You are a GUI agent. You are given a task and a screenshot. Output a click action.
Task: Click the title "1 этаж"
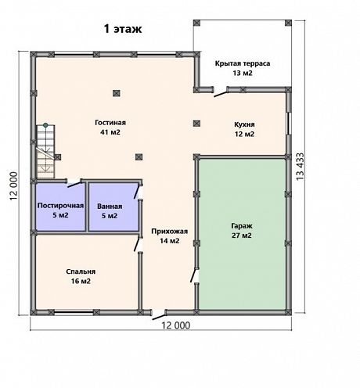[x=123, y=29]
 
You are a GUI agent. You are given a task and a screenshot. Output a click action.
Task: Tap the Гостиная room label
[x=110, y=128]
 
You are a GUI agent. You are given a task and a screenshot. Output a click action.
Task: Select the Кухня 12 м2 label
[x=244, y=129]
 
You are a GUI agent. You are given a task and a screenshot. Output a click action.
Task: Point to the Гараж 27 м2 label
[x=242, y=231]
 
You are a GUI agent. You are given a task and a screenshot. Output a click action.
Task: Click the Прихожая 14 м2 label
[x=170, y=236]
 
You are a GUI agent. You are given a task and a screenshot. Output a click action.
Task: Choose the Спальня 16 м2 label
[x=81, y=276]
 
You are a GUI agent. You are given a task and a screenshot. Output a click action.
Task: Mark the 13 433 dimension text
[x=301, y=166]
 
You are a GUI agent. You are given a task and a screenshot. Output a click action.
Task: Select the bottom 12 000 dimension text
[x=175, y=325]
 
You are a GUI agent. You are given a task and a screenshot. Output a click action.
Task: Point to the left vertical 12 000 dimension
[x=13, y=186]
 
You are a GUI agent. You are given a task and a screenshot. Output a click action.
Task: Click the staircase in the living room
[x=45, y=152]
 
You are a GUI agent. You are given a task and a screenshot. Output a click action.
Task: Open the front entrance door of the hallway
[x=158, y=315]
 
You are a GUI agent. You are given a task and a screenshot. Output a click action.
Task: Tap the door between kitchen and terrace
[x=221, y=92]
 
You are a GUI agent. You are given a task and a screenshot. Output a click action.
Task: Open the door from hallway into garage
[x=195, y=275]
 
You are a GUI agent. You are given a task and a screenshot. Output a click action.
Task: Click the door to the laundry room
[x=74, y=183]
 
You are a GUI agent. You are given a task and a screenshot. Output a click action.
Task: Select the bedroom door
[x=138, y=244]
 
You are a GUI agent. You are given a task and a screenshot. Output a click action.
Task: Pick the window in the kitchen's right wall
[x=289, y=124]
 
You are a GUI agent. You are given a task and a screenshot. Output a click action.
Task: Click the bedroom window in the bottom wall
[x=74, y=312]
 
